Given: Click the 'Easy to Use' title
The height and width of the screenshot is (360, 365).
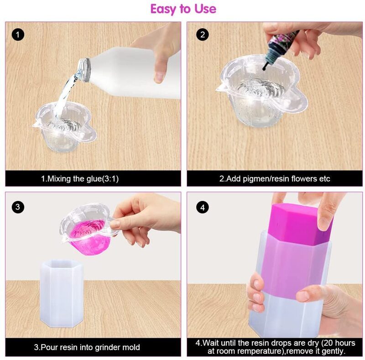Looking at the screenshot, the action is click(183, 9).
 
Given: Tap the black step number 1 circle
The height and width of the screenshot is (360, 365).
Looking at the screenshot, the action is click(18, 35).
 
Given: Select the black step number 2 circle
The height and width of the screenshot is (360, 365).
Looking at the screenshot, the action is click(203, 35).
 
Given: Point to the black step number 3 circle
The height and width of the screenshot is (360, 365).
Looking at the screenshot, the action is click(18, 207).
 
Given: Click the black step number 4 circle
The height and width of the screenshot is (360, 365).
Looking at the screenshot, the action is click(203, 207).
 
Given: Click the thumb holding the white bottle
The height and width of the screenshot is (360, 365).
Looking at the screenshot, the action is click(160, 70).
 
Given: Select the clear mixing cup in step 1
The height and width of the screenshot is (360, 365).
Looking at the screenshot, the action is click(64, 127).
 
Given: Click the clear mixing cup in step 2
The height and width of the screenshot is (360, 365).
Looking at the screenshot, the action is click(262, 91).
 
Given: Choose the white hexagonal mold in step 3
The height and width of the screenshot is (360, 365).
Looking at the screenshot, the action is click(62, 293).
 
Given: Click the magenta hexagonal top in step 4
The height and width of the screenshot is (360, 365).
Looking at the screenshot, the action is click(300, 223).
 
